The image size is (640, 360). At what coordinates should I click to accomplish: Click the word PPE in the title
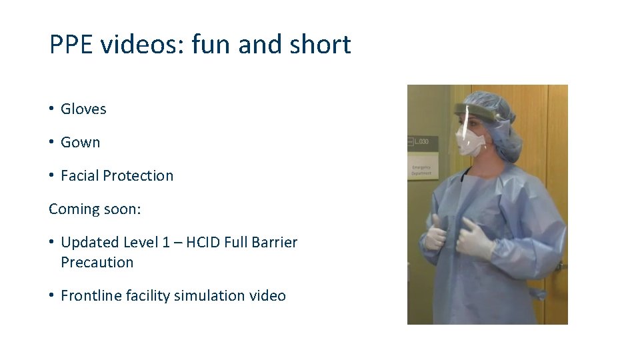[72, 45]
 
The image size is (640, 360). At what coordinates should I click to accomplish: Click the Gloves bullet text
[83, 109]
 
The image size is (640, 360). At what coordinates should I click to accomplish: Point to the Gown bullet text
[80, 142]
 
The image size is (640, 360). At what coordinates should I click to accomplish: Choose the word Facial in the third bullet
[80, 175]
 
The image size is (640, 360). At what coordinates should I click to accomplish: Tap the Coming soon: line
[95, 209]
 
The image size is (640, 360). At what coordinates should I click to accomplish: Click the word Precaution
[97, 262]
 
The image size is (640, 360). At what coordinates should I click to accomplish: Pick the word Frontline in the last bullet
[91, 295]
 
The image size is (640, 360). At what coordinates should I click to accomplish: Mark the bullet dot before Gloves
[51, 109]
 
